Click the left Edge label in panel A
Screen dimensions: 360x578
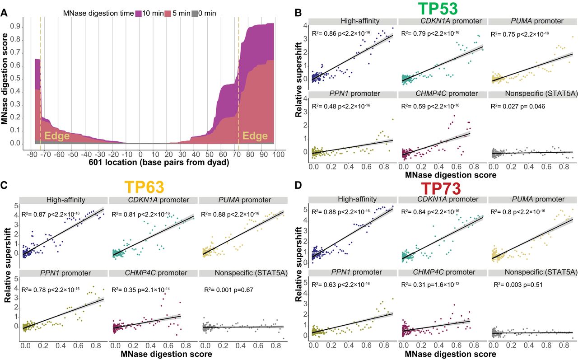click(x=57, y=136)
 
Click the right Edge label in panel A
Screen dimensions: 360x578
click(x=255, y=136)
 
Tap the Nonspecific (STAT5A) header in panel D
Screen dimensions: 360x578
click(x=533, y=272)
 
